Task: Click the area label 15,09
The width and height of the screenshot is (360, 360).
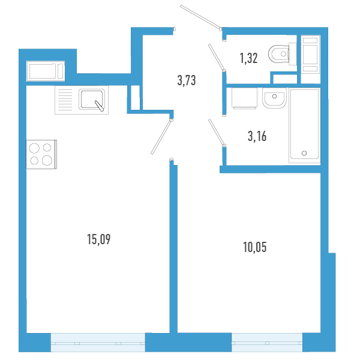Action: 100,240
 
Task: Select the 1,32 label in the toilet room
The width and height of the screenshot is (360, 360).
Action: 249,58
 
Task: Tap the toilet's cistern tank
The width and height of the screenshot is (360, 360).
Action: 293,55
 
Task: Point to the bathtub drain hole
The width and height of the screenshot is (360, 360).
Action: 304,153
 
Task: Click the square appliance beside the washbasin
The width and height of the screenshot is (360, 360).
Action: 243,98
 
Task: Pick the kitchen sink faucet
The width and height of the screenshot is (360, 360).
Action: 98,107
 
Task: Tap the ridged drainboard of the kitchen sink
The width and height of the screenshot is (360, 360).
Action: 64,100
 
